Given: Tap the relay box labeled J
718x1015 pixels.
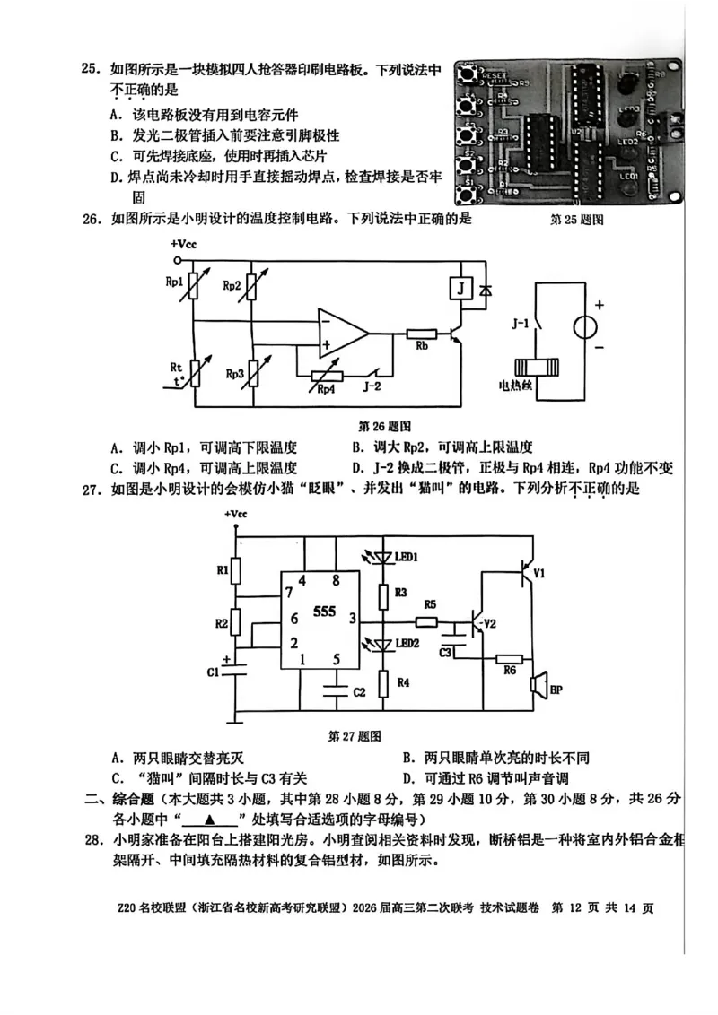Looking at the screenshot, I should [460, 289].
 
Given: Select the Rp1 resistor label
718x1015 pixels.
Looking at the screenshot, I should [174, 281].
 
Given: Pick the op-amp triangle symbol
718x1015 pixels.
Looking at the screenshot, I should [342, 333].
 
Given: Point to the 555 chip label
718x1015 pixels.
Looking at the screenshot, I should [324, 612].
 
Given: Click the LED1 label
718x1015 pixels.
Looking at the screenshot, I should [407, 558].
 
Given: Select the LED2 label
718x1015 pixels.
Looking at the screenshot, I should [407, 643].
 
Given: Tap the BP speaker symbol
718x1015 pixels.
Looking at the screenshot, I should [539, 687].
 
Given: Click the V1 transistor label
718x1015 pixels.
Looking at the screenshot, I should [538, 572].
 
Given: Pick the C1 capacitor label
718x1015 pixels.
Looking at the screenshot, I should [213, 672].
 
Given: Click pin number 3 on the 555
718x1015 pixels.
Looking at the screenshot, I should [352, 618].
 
